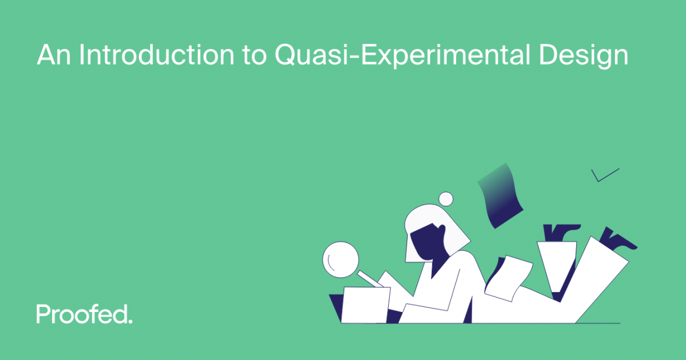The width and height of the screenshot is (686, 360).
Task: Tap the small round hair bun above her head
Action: (445, 198)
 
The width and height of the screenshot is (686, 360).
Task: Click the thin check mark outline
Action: (603, 175)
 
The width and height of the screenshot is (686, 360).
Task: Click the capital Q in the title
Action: (285, 55)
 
